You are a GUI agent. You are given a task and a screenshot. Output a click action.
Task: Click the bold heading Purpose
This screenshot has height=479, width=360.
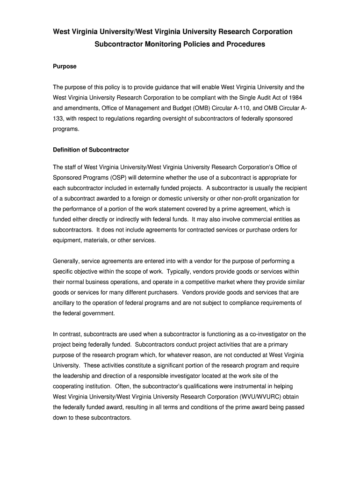pyautogui.click(x=65, y=66)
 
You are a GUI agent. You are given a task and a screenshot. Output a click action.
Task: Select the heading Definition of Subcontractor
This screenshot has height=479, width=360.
pyautogui.click(x=91, y=150)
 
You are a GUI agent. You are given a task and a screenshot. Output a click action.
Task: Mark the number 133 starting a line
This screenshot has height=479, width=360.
pyautogui.click(x=58, y=119)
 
